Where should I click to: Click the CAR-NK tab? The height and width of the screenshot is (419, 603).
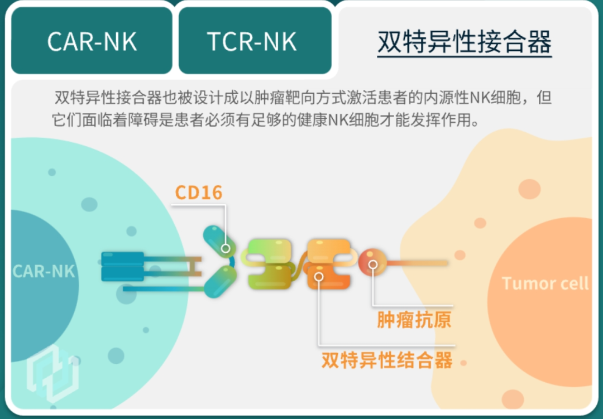92,41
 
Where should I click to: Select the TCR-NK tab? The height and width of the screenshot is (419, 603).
252,41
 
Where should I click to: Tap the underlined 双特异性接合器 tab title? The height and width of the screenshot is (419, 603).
465,41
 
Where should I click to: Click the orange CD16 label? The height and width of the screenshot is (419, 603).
198,192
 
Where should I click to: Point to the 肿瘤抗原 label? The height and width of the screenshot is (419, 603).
414,320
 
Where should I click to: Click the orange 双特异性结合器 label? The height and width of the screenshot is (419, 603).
386,360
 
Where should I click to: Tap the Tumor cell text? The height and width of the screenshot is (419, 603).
545,283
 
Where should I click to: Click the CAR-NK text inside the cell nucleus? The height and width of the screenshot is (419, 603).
44,271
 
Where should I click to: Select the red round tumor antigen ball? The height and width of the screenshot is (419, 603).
372,262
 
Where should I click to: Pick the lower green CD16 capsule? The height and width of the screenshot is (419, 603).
221,281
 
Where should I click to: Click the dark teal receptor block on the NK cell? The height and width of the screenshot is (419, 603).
123,266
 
